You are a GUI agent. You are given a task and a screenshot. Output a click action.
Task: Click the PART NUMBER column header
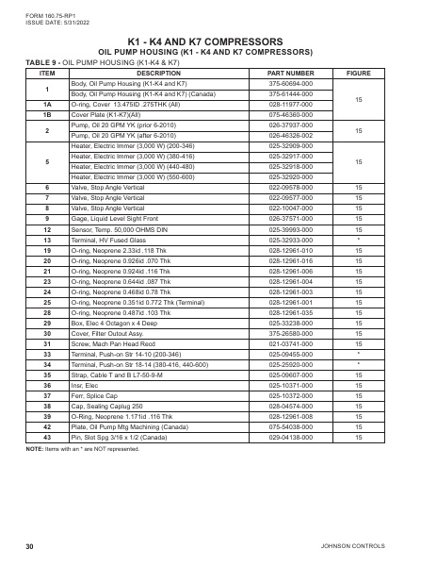(290, 73)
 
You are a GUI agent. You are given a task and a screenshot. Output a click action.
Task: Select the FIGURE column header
(359, 73)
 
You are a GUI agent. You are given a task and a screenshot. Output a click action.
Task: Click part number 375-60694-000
(290, 85)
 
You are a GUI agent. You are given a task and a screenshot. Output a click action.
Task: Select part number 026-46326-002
(290, 134)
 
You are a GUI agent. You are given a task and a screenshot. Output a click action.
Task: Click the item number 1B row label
(46, 114)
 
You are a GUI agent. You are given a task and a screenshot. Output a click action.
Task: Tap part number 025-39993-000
(290, 229)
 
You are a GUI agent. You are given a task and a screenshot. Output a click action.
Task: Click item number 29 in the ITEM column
(46, 323)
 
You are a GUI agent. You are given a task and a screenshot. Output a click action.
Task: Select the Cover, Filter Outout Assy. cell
(105, 333)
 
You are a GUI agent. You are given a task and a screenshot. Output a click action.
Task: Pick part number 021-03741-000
(290, 343)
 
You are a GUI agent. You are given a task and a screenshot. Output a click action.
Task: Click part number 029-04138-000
(290, 437)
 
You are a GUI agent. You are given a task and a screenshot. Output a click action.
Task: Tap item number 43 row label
(46, 437)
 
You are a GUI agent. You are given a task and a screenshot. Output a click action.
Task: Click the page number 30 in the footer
(31, 546)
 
